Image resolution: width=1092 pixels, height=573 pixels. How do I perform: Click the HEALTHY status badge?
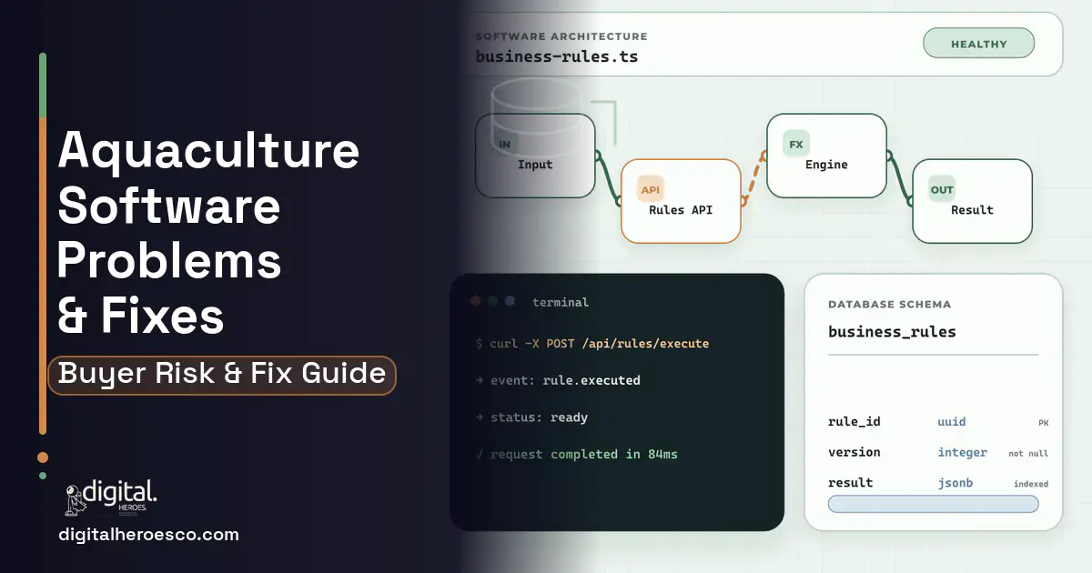[978, 44]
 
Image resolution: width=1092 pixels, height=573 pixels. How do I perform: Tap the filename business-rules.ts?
[557, 57]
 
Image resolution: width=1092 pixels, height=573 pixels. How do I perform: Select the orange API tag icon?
[651, 189]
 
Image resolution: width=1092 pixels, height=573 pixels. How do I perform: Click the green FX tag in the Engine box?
[796, 145]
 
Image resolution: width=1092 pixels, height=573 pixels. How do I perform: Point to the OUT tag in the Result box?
[941, 189]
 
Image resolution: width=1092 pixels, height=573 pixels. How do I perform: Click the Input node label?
[535, 165]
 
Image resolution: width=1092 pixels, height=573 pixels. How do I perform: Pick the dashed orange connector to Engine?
[754, 178]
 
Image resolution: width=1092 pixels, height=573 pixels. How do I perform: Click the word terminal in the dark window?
[561, 303]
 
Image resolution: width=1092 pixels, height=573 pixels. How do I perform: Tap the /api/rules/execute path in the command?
[645, 344]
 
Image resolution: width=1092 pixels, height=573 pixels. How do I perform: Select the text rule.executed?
[591, 380]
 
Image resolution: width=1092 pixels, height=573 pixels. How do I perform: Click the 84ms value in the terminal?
[662, 454]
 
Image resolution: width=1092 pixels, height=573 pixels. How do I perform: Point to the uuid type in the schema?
[952, 421]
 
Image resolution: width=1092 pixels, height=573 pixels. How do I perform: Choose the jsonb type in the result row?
[955, 483]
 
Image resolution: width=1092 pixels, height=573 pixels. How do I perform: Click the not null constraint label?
[1028, 453]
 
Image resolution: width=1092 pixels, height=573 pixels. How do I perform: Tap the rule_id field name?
[854, 421]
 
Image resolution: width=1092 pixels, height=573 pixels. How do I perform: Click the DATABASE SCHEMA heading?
[890, 305]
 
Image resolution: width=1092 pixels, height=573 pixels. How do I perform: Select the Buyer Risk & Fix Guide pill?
[222, 375]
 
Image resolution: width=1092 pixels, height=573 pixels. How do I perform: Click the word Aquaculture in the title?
[208, 151]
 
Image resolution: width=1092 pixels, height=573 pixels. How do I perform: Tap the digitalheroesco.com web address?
[148, 535]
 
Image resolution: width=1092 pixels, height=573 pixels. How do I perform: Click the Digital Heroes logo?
[111, 498]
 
